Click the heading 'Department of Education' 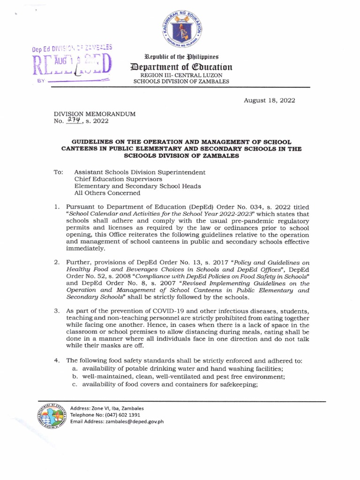point(180,67)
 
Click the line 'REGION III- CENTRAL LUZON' point(180,75)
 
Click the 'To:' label point(59,172)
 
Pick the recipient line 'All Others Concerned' point(107,193)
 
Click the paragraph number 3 point(56,311)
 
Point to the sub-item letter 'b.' point(75,376)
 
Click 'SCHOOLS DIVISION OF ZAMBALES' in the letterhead point(181,82)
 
